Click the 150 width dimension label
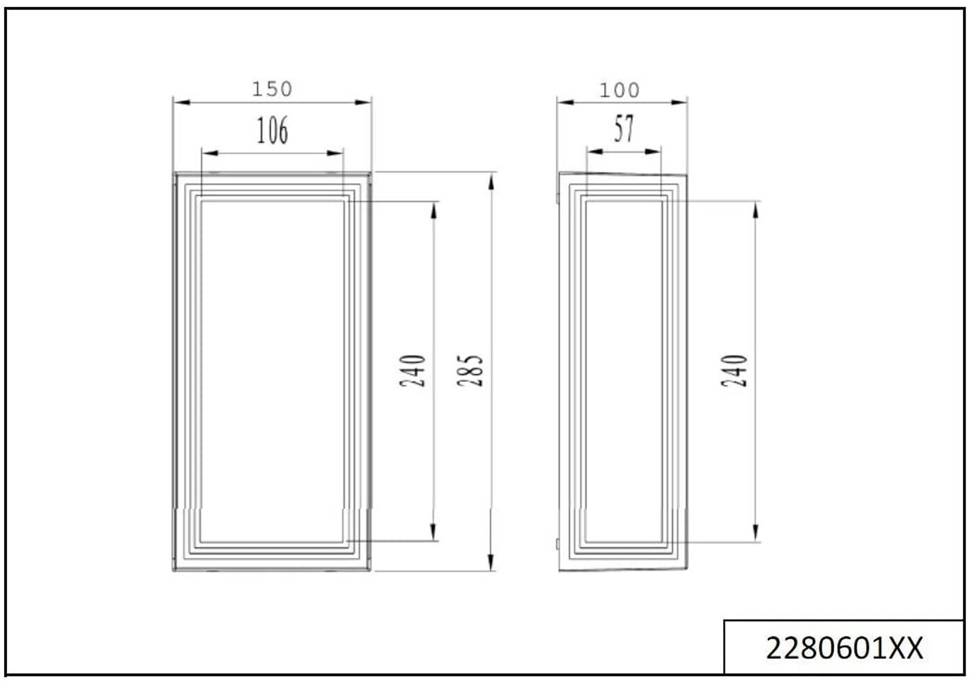(272, 89)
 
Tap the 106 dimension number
(272, 130)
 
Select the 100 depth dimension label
(619, 91)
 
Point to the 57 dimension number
(624, 128)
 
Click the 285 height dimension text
(470, 370)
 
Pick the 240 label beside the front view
(413, 370)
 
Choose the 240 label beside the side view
(734, 370)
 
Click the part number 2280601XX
(845, 649)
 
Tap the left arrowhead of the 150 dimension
(182, 102)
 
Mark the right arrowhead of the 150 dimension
(363, 102)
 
